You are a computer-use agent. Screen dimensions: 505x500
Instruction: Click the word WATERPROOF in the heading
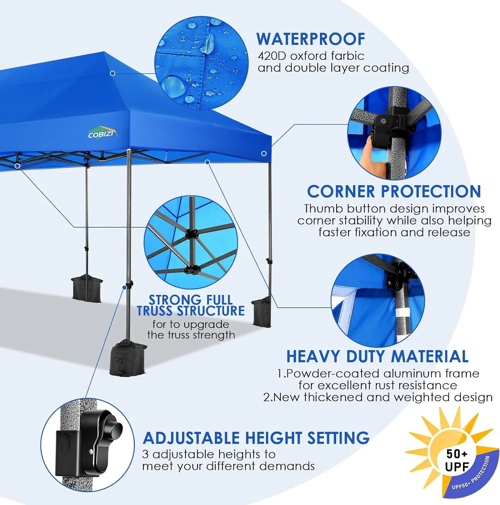tap(311, 39)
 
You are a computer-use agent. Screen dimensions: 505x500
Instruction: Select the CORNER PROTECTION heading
tap(394, 192)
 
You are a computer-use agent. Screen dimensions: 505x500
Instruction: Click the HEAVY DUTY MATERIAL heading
tap(377, 357)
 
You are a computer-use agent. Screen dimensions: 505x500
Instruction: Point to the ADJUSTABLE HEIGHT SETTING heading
tap(256, 438)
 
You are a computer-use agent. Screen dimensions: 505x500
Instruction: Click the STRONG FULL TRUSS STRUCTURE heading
tap(191, 305)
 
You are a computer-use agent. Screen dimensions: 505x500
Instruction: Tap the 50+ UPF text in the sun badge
tap(457, 460)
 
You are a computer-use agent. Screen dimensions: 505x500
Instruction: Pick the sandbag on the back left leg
tap(87, 289)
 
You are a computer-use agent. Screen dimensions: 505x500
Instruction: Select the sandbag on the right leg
tap(262, 312)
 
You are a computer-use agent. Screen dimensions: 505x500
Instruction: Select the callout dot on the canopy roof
tap(113, 73)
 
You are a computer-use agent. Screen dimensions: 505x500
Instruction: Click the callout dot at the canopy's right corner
tap(264, 154)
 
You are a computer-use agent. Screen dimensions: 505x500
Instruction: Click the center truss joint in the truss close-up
tap(191, 233)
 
